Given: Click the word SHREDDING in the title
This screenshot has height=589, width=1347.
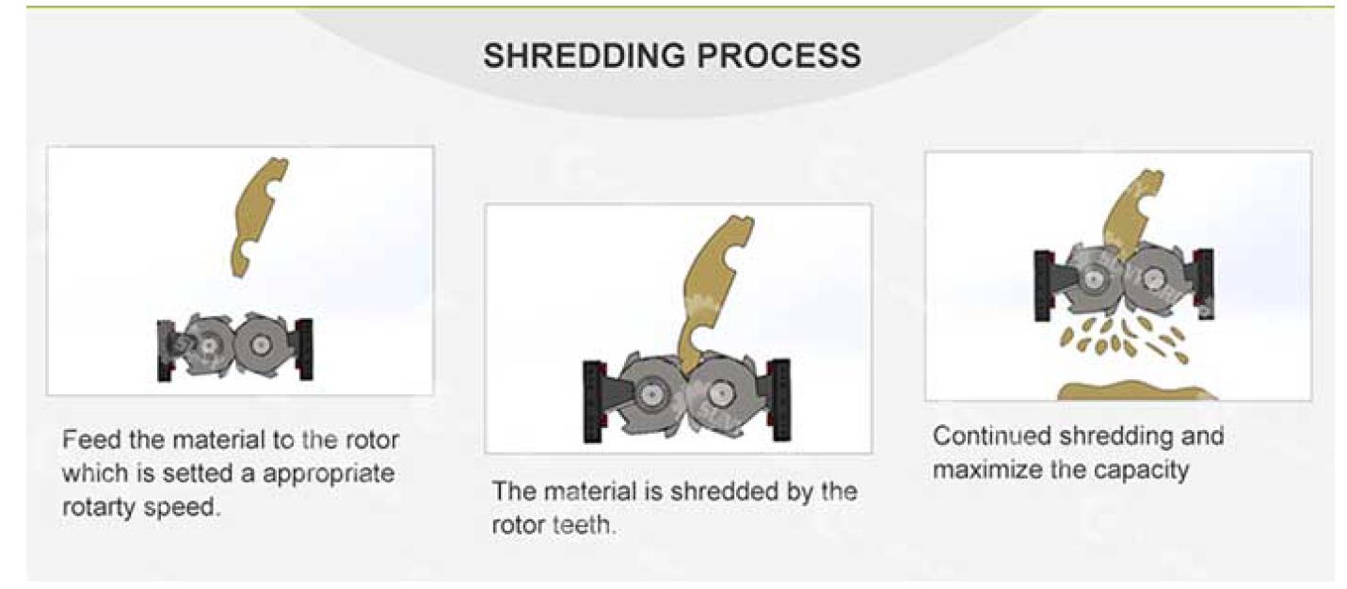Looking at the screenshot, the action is (x=585, y=56).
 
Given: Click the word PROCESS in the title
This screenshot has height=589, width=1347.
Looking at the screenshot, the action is (x=778, y=56).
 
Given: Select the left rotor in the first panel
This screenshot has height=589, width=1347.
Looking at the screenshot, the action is (x=204, y=345).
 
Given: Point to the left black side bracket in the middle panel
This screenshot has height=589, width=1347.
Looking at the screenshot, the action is (x=594, y=401).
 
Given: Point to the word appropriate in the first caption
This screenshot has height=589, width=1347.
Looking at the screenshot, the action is (x=329, y=473).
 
